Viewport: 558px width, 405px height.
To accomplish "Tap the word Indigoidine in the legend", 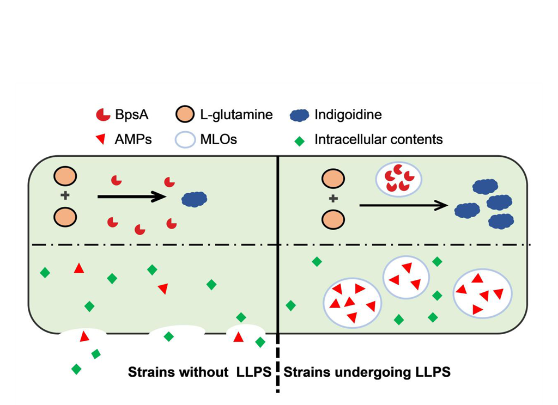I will (x=348, y=115).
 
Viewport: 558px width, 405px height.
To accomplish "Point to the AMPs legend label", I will (x=134, y=139).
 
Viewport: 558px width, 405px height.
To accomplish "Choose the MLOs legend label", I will (x=218, y=139).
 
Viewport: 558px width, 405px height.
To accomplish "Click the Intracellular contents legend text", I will (x=379, y=139).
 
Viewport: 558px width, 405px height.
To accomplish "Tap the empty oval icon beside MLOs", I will (x=185, y=140).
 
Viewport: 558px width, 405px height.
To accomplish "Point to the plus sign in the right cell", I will (x=333, y=199).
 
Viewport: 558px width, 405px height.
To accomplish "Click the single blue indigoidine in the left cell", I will (x=195, y=199).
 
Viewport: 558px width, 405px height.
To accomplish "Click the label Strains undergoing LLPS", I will (x=367, y=373).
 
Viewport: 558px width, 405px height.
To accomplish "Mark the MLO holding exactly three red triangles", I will (x=406, y=278).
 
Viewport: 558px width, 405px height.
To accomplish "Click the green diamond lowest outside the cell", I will (x=76, y=369).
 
